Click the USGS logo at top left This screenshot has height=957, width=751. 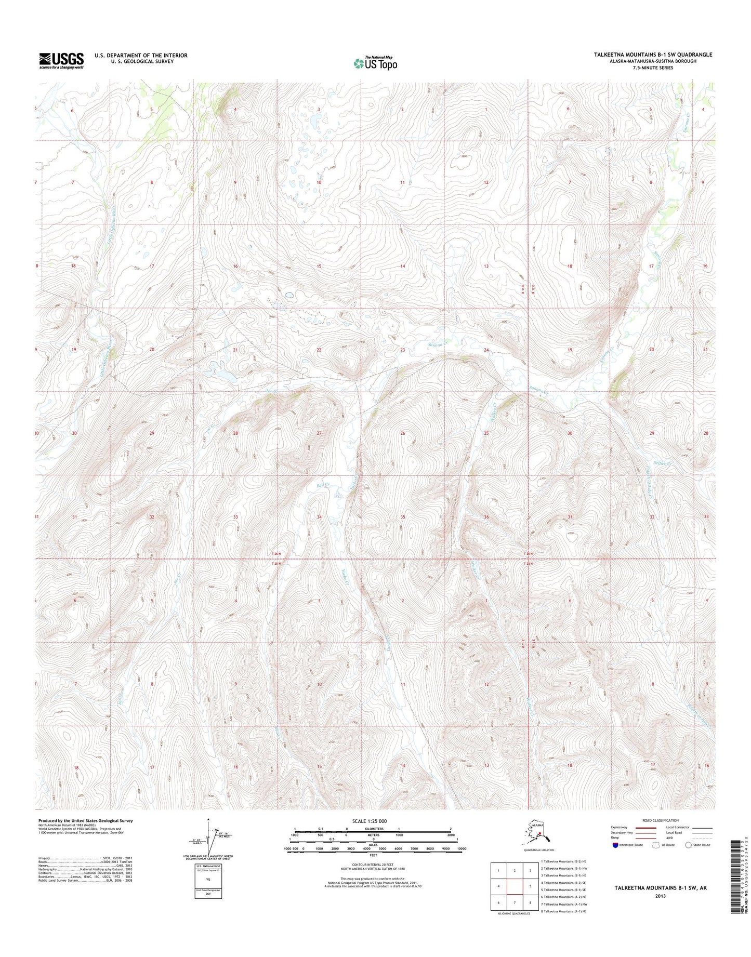61,60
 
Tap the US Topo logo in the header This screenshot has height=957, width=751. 376,63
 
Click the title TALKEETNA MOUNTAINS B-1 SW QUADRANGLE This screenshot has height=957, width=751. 653,55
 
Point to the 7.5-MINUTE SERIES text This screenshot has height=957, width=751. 653,68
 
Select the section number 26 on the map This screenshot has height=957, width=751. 402,433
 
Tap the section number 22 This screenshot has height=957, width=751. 319,350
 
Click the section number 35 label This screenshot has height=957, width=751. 402,517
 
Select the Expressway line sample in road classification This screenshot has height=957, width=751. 646,827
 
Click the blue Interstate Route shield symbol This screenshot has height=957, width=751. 615,845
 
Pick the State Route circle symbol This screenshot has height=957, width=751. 689,845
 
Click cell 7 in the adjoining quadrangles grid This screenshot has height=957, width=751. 515,902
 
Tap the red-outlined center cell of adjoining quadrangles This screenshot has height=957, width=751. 515,886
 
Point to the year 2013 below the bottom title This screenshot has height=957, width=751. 660,896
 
